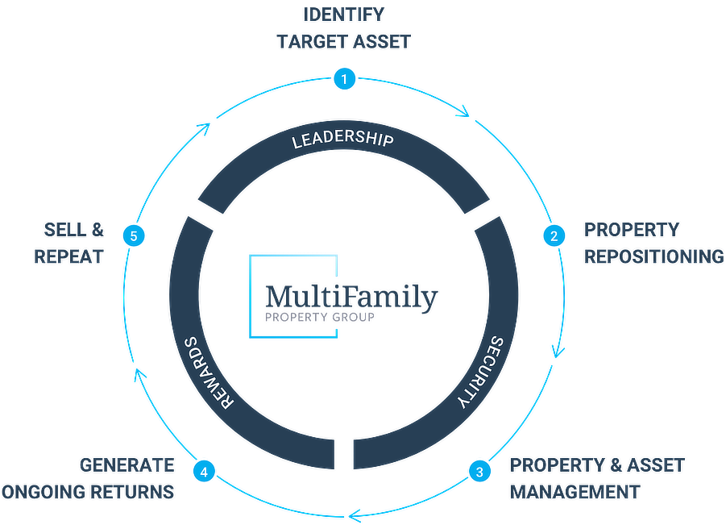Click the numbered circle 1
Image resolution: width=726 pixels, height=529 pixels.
tap(344, 79)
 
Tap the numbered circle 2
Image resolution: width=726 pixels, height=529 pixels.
tap(553, 235)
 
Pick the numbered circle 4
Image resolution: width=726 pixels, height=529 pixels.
tap(205, 472)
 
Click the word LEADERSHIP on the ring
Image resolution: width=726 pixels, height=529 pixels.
tap(342, 140)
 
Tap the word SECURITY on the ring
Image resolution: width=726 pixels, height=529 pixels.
tap(478, 373)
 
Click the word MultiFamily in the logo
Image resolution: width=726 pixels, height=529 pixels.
tap(351, 298)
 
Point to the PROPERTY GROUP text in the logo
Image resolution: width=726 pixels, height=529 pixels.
tap(319, 318)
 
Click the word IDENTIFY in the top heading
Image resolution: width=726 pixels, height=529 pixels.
tap(343, 15)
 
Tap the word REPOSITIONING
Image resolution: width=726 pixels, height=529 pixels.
tap(653, 256)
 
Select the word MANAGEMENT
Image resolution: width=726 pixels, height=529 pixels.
tap(575, 491)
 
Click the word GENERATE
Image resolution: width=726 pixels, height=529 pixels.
tap(127, 465)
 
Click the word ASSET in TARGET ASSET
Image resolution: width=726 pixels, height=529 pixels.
tap(380, 42)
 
